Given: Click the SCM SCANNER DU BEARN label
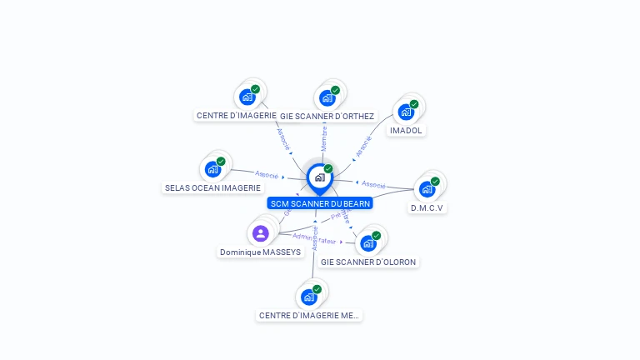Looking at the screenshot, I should coord(320,203).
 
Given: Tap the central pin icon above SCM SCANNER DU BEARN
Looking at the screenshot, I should coord(319,177).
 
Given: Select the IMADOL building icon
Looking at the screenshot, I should coord(406,112).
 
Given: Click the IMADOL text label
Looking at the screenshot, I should coord(407,131).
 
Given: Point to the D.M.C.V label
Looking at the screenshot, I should coord(427,208).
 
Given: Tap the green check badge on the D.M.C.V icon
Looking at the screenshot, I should coord(435,181).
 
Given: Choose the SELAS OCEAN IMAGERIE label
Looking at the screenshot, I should coord(213,188).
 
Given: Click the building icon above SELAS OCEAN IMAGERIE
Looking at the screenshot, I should coord(213,169).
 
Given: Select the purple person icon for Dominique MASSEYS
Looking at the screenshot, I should coord(260,233).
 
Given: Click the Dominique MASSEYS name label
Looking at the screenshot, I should coord(261,252).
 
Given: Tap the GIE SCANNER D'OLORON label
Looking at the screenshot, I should coord(368,262).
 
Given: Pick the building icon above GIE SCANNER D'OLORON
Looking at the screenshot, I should coord(367,243).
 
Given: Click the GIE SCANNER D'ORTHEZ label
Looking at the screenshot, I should coord(327,116).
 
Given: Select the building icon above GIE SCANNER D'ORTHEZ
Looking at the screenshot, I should coord(327,97).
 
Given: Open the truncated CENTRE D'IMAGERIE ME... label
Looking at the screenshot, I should coord(310,316).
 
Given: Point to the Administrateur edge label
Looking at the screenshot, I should coord(314,239).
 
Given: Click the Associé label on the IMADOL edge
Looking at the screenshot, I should coord(364,147).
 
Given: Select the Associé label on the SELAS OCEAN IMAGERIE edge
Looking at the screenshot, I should coord(267,175).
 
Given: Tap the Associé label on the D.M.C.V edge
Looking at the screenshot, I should coord(373,184).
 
